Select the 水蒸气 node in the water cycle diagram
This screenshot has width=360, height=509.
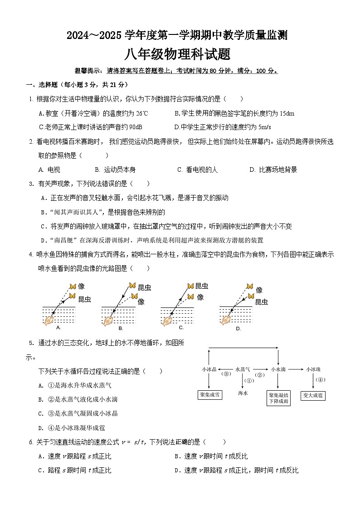click(x=243, y=369)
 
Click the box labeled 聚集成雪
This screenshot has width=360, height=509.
click(x=210, y=395)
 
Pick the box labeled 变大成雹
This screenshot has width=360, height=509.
click(x=313, y=395)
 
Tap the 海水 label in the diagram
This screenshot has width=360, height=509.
click(x=243, y=393)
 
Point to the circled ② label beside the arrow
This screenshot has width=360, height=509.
click(x=259, y=375)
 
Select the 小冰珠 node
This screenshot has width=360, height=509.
click(x=313, y=369)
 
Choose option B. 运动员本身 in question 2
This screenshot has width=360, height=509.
click(x=116, y=170)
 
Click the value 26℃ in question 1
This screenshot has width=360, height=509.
click(x=142, y=113)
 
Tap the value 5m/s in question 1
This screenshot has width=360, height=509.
click(x=264, y=127)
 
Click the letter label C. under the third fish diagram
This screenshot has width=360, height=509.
click(x=181, y=327)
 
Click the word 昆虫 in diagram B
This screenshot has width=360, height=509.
click(x=144, y=287)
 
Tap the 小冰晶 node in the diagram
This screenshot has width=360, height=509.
click(x=209, y=369)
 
